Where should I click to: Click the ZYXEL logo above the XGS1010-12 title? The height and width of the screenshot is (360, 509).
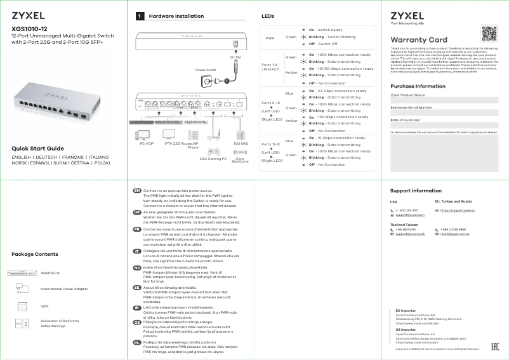pos(30,15)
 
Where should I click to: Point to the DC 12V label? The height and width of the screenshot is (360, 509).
pos(235,57)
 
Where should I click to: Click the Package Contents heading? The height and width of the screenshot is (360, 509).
pos(39,254)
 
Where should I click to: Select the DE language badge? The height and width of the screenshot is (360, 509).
pos(136,211)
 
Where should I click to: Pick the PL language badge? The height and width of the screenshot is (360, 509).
pos(136,342)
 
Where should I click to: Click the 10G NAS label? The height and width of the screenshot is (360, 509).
pos(241,144)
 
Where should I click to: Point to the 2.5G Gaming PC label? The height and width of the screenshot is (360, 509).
pos(212,159)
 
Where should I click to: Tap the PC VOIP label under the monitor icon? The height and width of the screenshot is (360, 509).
pos(147,144)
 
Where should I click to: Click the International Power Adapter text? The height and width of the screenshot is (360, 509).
pos(64,289)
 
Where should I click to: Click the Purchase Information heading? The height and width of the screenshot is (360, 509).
pos(418,86)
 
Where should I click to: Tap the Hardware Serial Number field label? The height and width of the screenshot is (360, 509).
pos(411,108)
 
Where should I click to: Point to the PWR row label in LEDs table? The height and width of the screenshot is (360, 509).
pos(270,37)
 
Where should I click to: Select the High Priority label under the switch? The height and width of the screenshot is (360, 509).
pos(196,121)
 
